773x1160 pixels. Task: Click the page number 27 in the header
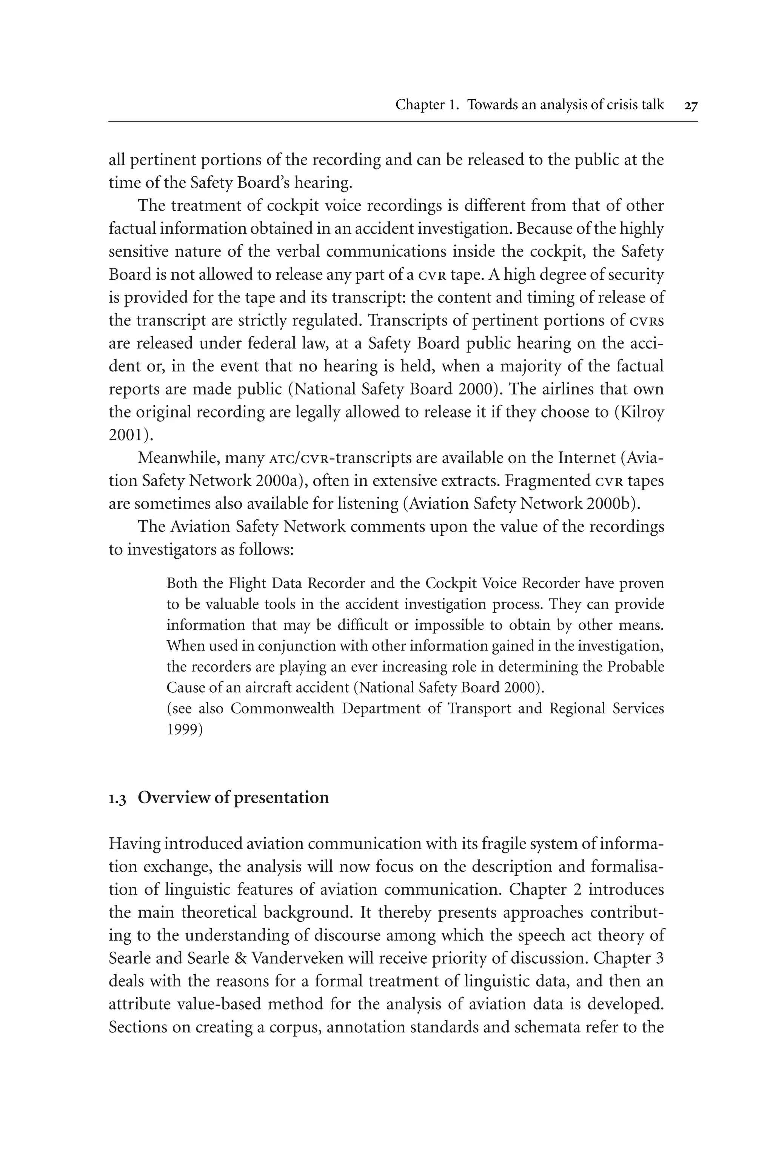pos(691,105)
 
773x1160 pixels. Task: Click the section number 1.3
pos(117,798)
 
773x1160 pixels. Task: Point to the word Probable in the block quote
pos(636,667)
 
